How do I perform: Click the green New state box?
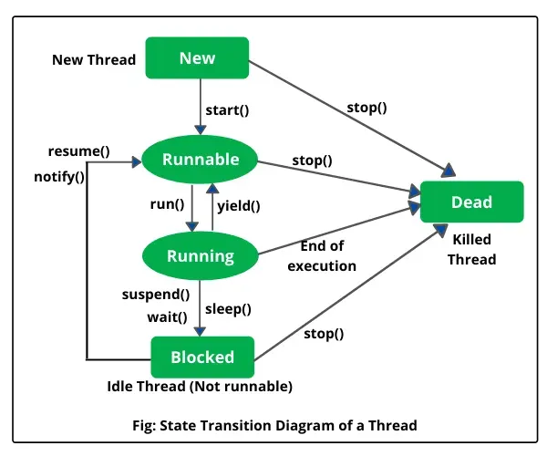197,58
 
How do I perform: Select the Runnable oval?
200,161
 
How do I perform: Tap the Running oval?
200,256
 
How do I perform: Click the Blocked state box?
202,357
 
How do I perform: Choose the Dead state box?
471,202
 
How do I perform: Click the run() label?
167,206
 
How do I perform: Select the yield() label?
238,206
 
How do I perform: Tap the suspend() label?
156,295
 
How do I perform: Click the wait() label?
167,316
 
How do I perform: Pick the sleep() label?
229,308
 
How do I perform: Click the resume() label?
79,150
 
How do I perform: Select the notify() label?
61,177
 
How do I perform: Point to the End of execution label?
321,256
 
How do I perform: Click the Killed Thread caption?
471,249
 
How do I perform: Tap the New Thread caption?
94,60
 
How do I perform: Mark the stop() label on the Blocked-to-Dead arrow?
324,333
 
